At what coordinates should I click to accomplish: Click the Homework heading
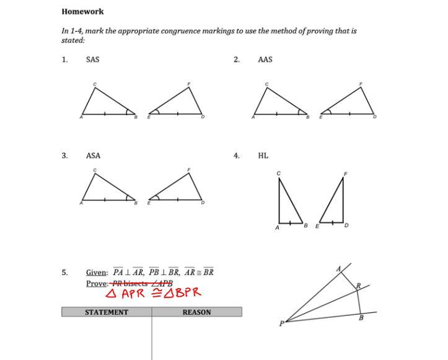click(82, 11)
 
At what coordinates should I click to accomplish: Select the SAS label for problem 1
click(92, 59)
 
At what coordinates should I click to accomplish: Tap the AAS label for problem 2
click(265, 59)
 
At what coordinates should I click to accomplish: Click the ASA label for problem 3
click(93, 156)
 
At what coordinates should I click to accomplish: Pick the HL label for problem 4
click(263, 156)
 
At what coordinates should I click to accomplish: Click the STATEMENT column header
click(106, 312)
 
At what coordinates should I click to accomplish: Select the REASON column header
click(196, 312)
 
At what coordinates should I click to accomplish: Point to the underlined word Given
click(96, 272)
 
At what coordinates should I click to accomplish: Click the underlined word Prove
click(97, 283)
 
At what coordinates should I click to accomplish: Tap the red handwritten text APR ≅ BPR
click(154, 293)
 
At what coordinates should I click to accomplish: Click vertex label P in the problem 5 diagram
click(281, 323)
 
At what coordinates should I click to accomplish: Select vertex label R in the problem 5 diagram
click(358, 286)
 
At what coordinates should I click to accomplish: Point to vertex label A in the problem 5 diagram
click(338, 269)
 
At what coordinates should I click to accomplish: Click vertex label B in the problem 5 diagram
click(361, 318)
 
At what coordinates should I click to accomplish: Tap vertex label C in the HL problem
click(278, 173)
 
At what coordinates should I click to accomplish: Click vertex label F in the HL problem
click(345, 174)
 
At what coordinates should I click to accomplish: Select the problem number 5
click(64, 272)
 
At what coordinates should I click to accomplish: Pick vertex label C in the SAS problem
click(95, 84)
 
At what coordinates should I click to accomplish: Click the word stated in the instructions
click(72, 40)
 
